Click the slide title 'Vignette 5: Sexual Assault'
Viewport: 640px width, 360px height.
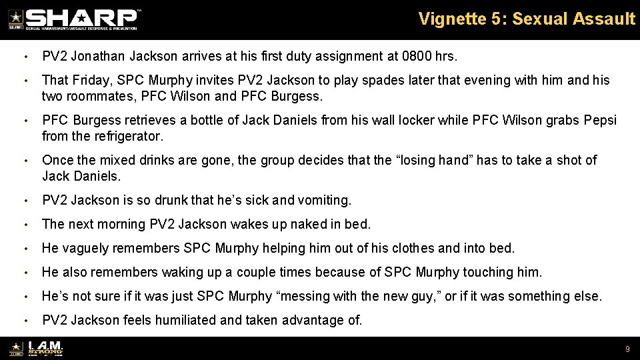tap(527, 19)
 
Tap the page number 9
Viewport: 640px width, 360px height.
tap(627, 349)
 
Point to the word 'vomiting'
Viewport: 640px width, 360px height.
tap(327, 200)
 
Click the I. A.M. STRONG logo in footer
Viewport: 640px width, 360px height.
tap(44, 349)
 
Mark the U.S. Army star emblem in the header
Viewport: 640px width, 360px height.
tap(15, 19)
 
